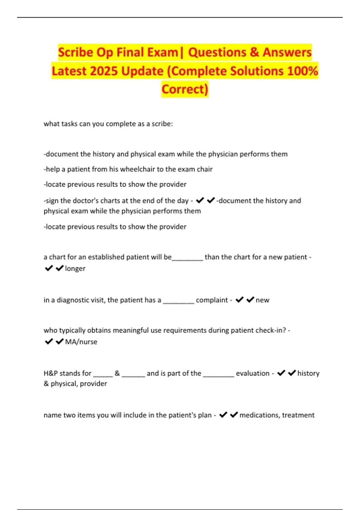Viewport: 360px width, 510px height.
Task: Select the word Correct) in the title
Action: coord(185,89)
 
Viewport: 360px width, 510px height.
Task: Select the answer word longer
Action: coord(75,268)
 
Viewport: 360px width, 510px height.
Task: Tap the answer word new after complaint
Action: coord(262,300)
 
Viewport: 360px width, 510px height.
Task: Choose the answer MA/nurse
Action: coord(81,342)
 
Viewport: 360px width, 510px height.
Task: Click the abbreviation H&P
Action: coord(51,373)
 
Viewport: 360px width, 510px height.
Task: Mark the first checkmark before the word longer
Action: coord(49,268)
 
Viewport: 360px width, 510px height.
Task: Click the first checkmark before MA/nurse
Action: coord(49,341)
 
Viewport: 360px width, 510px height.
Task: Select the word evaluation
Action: coord(253,373)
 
